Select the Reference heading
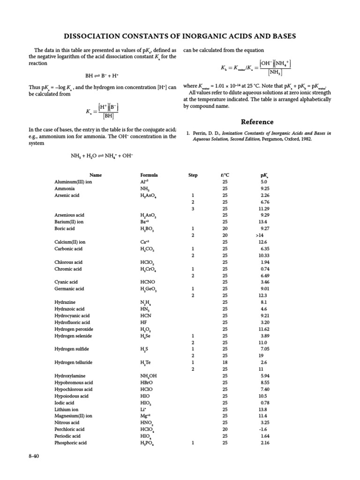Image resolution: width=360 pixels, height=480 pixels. click(x=257, y=122)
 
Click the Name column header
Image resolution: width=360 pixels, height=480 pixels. click(x=96, y=175)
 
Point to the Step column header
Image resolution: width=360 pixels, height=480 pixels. click(x=193, y=175)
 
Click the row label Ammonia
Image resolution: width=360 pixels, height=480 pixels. click(x=65, y=188)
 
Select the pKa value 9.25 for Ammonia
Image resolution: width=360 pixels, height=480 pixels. click(x=263, y=188)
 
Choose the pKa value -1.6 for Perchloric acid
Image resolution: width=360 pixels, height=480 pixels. click(x=263, y=429)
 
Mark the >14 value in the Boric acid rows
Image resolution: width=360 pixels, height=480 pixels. click(x=260, y=235)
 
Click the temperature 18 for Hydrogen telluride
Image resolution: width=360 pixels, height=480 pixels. click(x=225, y=362)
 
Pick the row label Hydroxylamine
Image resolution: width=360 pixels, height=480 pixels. click(x=69, y=376)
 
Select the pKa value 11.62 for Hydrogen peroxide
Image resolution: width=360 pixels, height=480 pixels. click(x=263, y=329)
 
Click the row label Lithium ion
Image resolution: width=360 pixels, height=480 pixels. click(x=66, y=409)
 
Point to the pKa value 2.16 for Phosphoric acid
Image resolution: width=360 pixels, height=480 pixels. click(x=263, y=442)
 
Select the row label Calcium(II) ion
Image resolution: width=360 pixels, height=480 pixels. click(x=69, y=242)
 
